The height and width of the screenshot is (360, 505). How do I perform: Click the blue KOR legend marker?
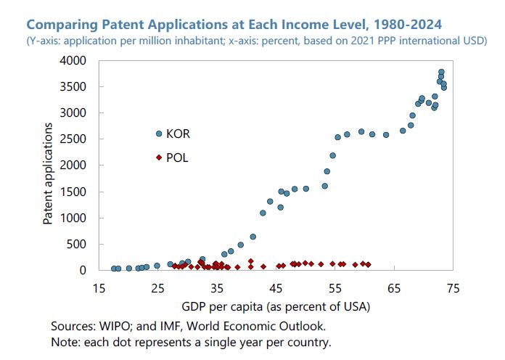(x=159, y=134)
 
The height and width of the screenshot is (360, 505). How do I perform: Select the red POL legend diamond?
(x=159, y=157)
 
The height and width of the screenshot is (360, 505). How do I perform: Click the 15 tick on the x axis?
(x=99, y=287)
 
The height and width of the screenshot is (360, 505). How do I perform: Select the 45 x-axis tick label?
(x=276, y=287)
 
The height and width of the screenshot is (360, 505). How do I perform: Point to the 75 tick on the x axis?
(x=454, y=287)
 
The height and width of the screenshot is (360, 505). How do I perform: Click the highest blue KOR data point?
(x=441, y=73)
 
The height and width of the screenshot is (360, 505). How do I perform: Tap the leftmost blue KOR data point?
(x=114, y=269)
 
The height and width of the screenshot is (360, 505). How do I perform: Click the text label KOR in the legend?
(x=178, y=134)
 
